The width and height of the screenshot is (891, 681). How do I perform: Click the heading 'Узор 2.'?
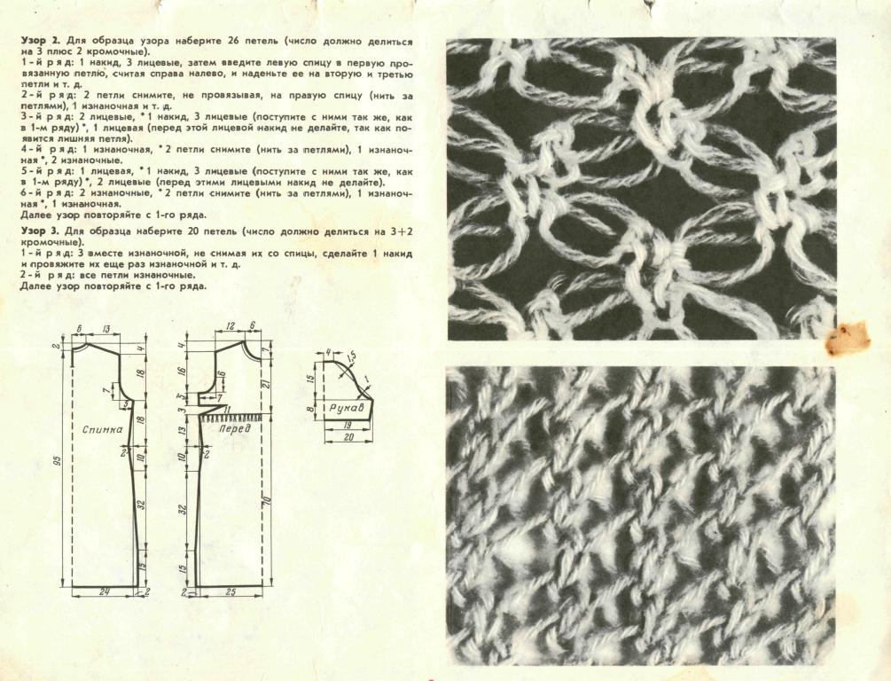click(41, 42)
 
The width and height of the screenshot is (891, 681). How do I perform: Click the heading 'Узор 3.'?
click(41, 231)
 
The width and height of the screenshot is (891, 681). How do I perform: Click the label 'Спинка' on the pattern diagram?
click(102, 430)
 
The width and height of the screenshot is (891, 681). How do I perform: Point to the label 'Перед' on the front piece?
click(234, 428)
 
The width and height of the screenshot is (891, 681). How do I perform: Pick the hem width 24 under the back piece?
click(104, 591)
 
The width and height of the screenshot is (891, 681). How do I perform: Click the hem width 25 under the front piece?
click(231, 591)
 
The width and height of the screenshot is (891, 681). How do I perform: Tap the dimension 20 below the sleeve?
click(349, 437)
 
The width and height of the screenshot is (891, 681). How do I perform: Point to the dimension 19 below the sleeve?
click(348, 425)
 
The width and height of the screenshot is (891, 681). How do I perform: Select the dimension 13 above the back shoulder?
click(106, 329)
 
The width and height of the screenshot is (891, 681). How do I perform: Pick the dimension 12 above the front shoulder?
click(231, 325)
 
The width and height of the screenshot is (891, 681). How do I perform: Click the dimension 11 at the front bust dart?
click(226, 410)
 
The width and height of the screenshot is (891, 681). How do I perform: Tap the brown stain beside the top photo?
click(848, 340)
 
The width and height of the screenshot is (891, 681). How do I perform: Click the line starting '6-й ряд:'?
click(216, 194)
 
